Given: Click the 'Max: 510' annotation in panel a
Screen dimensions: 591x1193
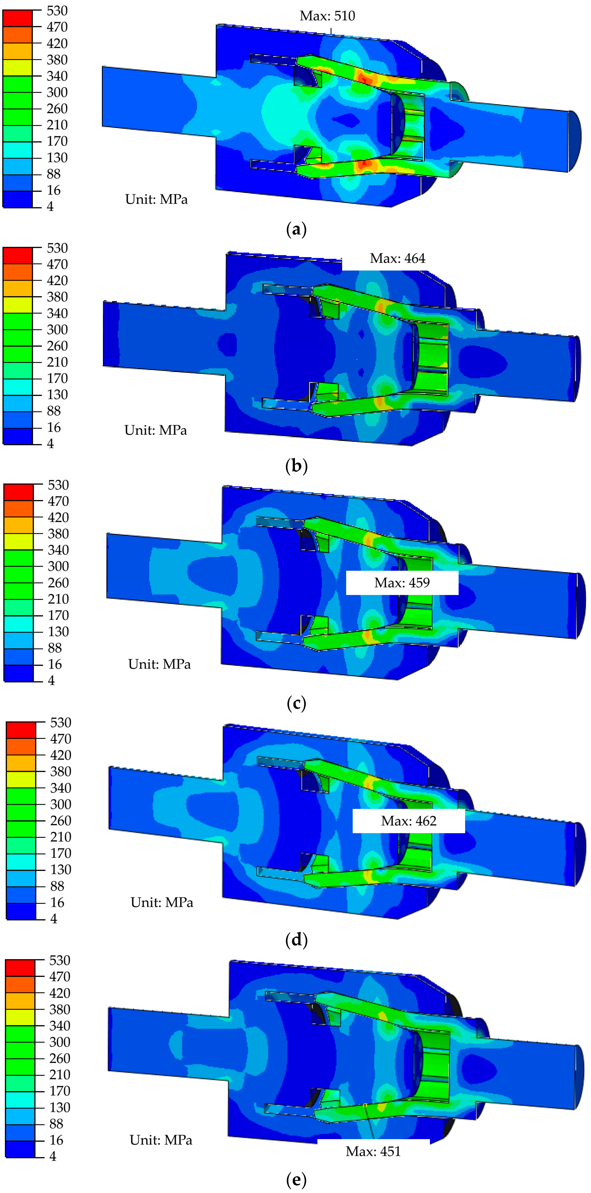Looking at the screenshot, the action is coord(327,16).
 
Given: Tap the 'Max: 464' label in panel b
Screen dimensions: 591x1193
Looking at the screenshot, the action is coord(397,258).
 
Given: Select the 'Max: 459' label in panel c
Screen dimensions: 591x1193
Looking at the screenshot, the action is coord(402,583).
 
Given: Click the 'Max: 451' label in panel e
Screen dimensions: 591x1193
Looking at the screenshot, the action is coord(373,1151).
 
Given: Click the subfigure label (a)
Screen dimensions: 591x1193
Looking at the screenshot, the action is coord(296,229).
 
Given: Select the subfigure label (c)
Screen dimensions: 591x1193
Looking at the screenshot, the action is coord(296,703).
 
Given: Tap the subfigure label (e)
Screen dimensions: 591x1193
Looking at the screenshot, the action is coord(296,1179).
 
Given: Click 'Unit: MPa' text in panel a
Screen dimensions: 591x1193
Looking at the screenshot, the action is coord(157,199).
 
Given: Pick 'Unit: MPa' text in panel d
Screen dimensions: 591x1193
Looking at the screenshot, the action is coord(162,902).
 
